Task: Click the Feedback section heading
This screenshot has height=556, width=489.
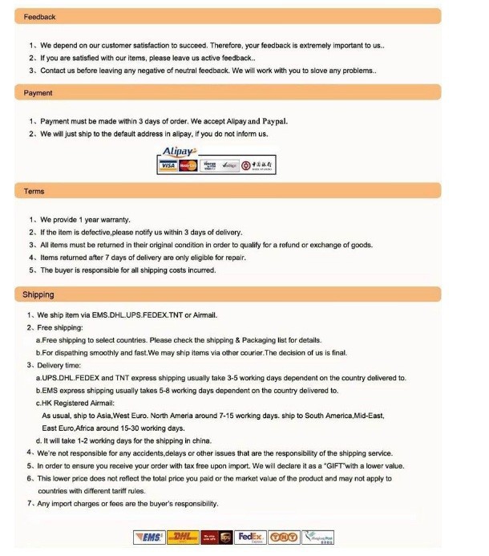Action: coord(40,17)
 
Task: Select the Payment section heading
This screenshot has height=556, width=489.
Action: coord(38,93)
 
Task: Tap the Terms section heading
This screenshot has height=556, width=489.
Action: coord(34,191)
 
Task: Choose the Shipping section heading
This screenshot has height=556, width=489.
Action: coord(38,294)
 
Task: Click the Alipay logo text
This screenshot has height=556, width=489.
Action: coord(177,151)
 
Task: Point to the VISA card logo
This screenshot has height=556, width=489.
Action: coord(169,165)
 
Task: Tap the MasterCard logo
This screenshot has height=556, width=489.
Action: coord(188,165)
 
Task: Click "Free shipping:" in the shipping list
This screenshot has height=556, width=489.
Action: coord(61,327)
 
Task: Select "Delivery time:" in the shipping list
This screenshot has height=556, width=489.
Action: coord(62,364)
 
